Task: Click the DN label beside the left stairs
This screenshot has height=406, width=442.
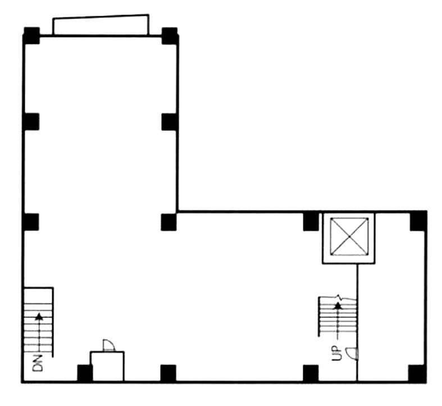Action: coord(38,363)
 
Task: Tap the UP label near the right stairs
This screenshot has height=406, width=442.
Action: coord(336,353)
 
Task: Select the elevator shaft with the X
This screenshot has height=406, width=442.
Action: coord(349,237)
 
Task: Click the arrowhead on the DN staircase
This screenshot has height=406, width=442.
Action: coord(39,317)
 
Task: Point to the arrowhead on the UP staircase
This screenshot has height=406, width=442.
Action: coord(338,305)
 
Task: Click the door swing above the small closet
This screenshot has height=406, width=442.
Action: coord(109,345)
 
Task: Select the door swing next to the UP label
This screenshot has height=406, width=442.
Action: coord(352,353)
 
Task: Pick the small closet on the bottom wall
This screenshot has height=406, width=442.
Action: coord(107,367)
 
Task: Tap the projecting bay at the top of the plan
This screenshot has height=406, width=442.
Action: coord(101,25)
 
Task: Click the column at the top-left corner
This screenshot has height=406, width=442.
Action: coord(31,35)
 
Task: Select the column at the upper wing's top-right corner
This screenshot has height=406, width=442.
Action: coord(170,36)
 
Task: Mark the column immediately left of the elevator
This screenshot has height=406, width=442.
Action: coord(311,222)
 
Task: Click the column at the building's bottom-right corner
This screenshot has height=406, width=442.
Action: coord(417,373)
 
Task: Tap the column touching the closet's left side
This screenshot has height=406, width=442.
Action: coord(85,373)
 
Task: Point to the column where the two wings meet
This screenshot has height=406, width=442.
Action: coord(169,222)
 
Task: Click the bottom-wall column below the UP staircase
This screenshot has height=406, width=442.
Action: coord(311,373)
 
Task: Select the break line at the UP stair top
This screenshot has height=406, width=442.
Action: coord(338,298)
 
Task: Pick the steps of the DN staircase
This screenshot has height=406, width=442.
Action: coord(39,322)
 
